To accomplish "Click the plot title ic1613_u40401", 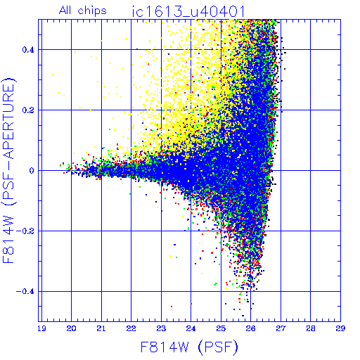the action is pyautogui.click(x=188, y=11).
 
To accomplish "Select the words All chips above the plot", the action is pyautogui.click(x=83, y=11).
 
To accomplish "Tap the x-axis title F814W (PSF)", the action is pyautogui.click(x=189, y=347).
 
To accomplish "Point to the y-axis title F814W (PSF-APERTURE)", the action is pyautogui.click(x=8, y=170).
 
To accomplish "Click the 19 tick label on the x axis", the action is pyautogui.click(x=41, y=328).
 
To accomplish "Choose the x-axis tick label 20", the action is pyautogui.click(x=71, y=328).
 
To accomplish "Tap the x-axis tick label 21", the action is pyautogui.click(x=101, y=328).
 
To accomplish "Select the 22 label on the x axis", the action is pyautogui.click(x=131, y=328).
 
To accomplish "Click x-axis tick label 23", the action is pyautogui.click(x=161, y=328).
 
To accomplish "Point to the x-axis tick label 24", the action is pyautogui.click(x=191, y=328).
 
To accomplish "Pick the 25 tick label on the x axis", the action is pyautogui.click(x=221, y=328).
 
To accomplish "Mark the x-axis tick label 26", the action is pyautogui.click(x=250, y=328).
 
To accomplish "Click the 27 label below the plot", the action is pyautogui.click(x=281, y=328).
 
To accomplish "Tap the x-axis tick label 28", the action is pyautogui.click(x=311, y=328).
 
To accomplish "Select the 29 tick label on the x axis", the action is pyautogui.click(x=340, y=328).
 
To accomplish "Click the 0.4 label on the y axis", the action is pyautogui.click(x=28, y=50).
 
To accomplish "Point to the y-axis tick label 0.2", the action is pyautogui.click(x=28, y=110).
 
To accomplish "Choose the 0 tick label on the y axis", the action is pyautogui.click(x=32, y=171).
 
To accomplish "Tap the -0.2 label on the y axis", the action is pyautogui.click(x=25, y=231).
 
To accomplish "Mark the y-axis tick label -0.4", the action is pyautogui.click(x=25, y=292).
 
